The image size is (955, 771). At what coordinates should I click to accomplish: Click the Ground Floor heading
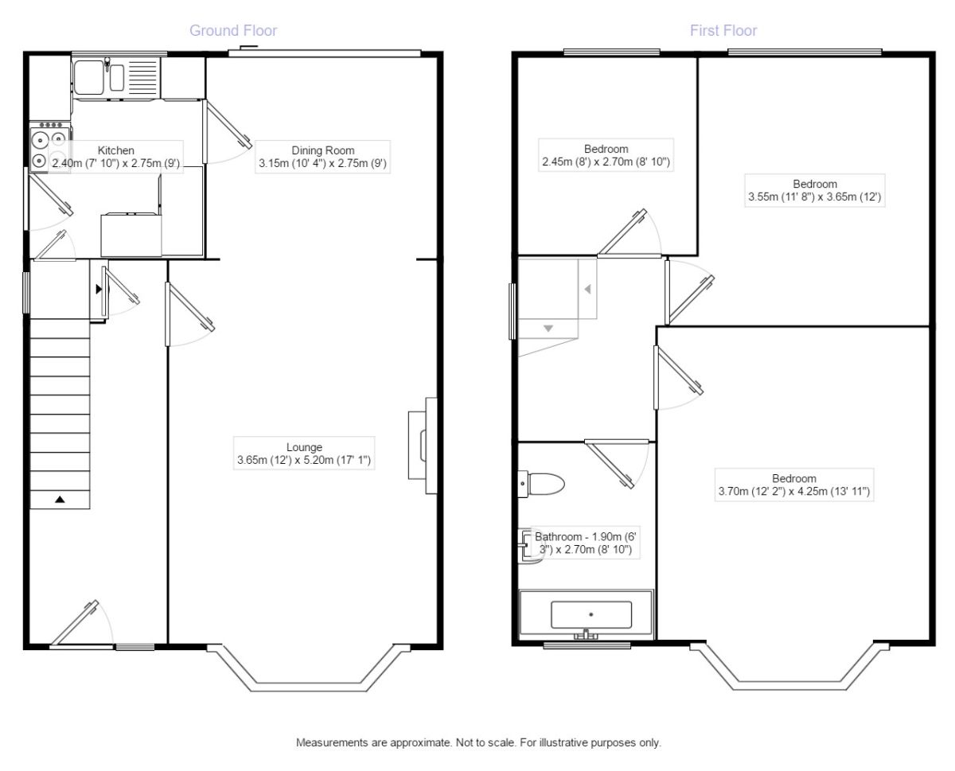click(x=233, y=30)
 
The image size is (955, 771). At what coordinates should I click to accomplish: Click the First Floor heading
click(x=723, y=30)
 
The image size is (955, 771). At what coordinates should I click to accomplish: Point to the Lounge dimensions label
click(x=304, y=454)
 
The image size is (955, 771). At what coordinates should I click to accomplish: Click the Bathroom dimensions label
click(x=585, y=543)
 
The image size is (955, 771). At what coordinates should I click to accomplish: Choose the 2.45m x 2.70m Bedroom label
click(x=606, y=155)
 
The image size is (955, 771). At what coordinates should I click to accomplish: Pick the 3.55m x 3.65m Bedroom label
click(x=815, y=190)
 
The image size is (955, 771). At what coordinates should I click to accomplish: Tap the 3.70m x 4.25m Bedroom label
click(x=794, y=485)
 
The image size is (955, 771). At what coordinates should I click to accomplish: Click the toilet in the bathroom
click(x=540, y=484)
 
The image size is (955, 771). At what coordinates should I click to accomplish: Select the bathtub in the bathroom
click(x=586, y=614)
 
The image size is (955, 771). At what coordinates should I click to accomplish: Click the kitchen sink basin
click(x=89, y=77)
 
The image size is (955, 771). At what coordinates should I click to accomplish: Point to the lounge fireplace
click(x=423, y=446)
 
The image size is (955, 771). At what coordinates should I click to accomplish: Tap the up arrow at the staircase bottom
click(x=60, y=500)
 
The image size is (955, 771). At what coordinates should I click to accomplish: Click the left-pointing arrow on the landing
click(x=587, y=289)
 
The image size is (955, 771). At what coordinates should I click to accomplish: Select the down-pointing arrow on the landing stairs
click(x=548, y=329)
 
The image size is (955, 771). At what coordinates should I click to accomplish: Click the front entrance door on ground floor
click(x=81, y=625)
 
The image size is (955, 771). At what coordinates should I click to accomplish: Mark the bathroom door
click(x=617, y=464)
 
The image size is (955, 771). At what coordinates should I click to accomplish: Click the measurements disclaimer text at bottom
click(x=478, y=742)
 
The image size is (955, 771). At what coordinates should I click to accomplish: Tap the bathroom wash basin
click(x=529, y=546)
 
